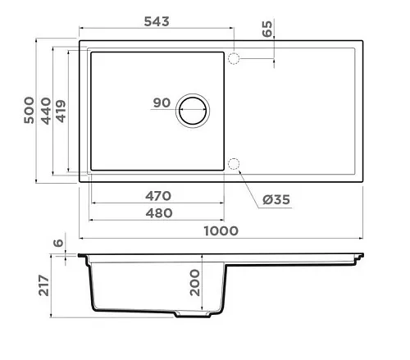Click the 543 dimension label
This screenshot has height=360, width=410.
(x=157, y=21)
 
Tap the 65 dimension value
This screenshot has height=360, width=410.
(x=267, y=29)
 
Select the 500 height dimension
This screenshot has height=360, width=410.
(x=29, y=110)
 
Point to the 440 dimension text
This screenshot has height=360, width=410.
(x=46, y=111)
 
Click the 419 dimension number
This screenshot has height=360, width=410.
(x=61, y=112)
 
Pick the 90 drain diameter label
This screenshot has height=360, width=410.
(x=162, y=103)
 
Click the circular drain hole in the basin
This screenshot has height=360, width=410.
(x=193, y=111)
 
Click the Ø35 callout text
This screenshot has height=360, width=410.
(x=276, y=199)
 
